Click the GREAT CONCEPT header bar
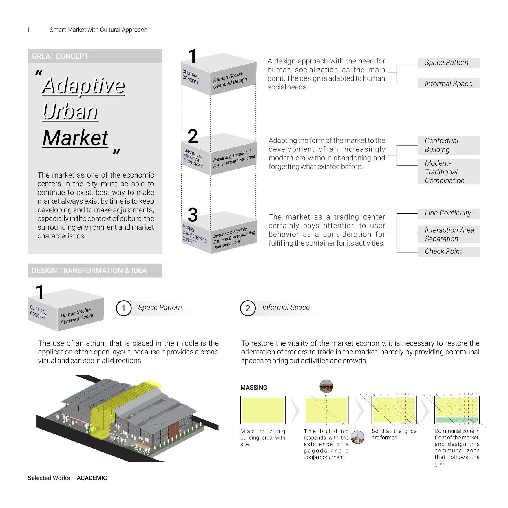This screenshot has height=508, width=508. [95, 56]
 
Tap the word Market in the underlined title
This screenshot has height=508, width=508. [75, 138]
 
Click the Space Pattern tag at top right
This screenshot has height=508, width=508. [448, 63]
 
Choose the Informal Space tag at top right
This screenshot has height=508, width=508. [448, 84]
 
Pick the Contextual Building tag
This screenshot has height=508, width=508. [448, 145]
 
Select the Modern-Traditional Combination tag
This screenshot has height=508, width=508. [448, 172]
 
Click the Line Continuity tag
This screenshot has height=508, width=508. [448, 213]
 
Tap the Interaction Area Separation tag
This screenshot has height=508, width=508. [448, 234]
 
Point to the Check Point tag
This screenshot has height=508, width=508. [448, 252]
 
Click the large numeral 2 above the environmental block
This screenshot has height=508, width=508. [193, 136]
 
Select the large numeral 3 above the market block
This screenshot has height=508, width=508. [193, 215]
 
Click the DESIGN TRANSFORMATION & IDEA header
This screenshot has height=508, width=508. [95, 271]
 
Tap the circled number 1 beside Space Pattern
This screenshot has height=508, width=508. [124, 308]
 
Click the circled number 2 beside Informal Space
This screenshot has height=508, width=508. [248, 308]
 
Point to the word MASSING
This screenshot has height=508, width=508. [254, 388]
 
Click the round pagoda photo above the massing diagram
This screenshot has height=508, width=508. [326, 386]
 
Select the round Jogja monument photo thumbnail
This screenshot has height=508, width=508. [357, 437]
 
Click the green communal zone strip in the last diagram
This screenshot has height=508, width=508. [456, 420]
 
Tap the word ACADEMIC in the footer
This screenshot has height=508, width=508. [92, 478]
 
